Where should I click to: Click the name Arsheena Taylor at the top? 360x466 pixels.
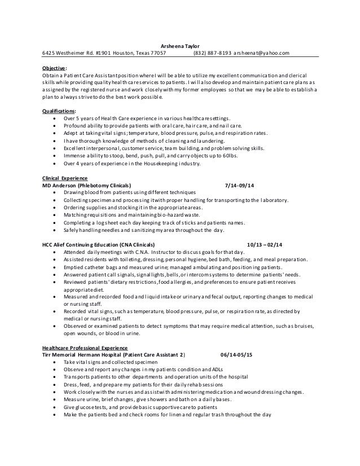180,46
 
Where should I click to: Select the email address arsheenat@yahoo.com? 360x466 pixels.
263,54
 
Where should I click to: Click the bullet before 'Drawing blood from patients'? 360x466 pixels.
53,192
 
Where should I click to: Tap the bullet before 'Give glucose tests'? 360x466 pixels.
53,406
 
